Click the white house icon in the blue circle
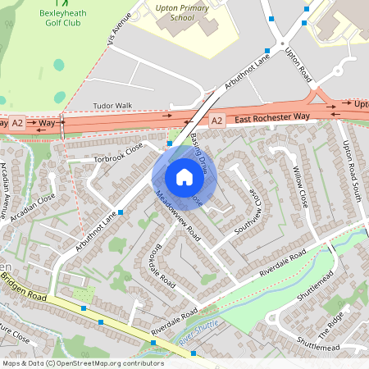(x=184, y=176)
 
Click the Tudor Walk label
(x=112, y=106)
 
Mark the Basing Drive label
(x=202, y=151)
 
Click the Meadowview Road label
(x=178, y=216)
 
